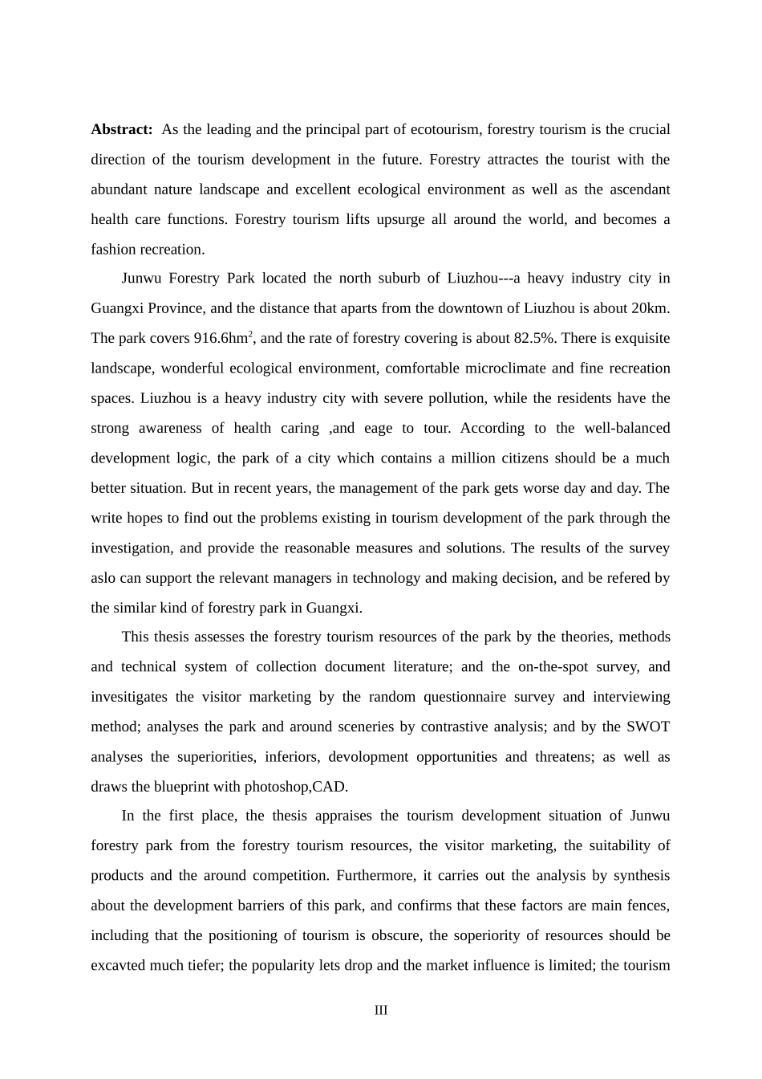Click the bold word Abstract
coord(121,129)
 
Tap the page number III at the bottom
coord(381,1010)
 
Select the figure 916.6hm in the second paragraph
coord(221,339)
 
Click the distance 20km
coord(651,308)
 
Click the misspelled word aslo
coord(103,578)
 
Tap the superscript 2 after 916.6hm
coord(250,334)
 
